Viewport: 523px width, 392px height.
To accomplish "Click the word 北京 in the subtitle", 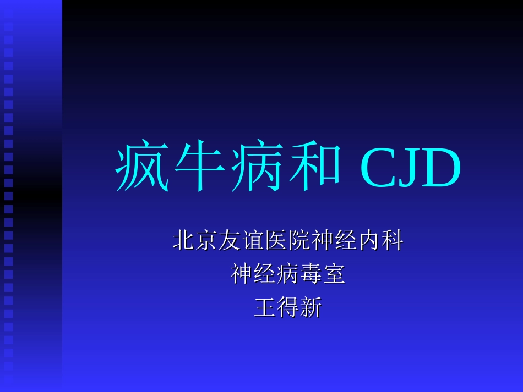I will click(x=195, y=241).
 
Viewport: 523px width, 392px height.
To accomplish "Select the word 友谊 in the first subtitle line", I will click(x=241, y=241).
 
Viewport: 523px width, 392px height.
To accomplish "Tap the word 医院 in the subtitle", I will click(x=287, y=241).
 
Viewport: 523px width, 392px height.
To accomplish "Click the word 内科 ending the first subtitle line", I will click(x=380, y=241).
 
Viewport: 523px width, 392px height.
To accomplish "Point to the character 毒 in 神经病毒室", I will click(x=311, y=274).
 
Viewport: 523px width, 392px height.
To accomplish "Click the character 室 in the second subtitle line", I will click(x=334, y=274).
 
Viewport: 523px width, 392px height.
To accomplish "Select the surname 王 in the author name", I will click(x=264, y=307).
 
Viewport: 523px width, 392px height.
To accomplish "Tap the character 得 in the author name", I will click(x=287, y=307).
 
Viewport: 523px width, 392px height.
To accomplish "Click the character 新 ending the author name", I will click(x=310, y=307).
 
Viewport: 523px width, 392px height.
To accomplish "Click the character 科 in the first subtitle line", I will click(x=392, y=241).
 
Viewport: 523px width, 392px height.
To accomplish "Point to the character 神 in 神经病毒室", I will click(x=242, y=274).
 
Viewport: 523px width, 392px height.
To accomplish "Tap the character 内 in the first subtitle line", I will click(x=369, y=241).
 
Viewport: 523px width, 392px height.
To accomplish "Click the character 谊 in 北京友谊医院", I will click(x=253, y=241).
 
